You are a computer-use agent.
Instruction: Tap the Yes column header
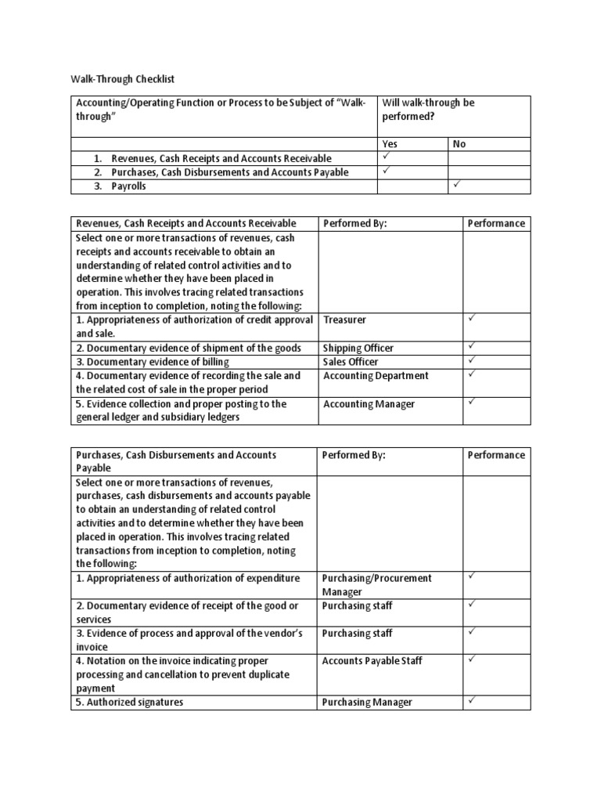point(389,144)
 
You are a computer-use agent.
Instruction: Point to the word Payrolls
point(128,186)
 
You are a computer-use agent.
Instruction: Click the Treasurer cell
point(344,320)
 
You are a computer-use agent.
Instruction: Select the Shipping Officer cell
point(358,348)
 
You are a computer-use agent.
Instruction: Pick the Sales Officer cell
point(350,362)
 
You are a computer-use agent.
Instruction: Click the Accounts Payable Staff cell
point(372,661)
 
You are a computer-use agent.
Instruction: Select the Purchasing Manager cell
point(367,703)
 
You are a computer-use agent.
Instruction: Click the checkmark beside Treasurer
point(472,319)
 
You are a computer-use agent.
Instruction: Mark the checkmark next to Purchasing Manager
point(472,702)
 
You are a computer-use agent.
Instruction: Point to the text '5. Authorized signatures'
point(130,703)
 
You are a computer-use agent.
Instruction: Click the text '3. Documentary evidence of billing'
point(153,362)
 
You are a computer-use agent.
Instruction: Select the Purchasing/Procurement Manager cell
point(376,584)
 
